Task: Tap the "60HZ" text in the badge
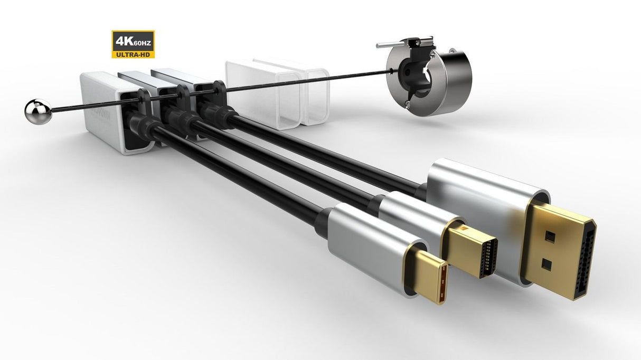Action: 142,42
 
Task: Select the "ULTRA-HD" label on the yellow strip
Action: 133,53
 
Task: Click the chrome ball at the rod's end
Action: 38,112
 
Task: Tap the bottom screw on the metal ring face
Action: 409,103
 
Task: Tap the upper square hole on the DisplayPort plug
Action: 548,234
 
